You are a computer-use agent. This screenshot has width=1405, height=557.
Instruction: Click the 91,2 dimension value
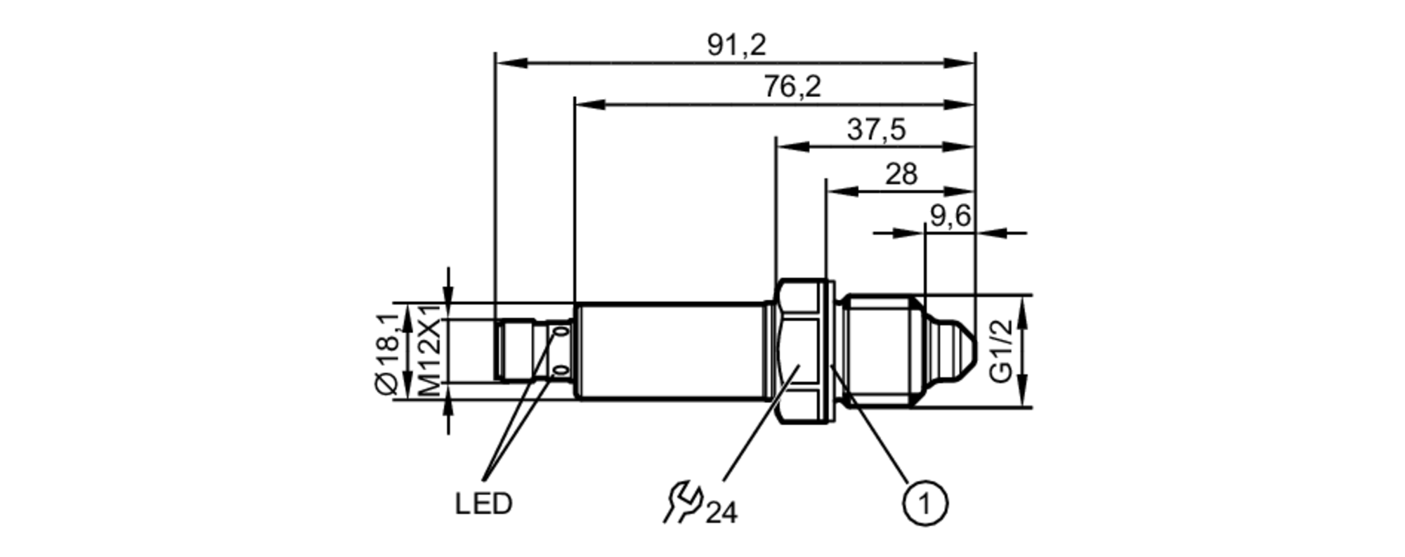tap(736, 46)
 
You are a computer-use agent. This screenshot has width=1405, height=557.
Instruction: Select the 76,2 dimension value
tap(792, 87)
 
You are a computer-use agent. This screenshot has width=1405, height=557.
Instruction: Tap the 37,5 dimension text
tap(876, 130)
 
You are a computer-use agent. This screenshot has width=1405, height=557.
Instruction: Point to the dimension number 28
tap(901, 173)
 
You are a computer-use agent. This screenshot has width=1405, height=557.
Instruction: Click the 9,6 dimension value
tap(950, 216)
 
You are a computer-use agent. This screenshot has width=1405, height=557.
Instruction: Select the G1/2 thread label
tap(1002, 350)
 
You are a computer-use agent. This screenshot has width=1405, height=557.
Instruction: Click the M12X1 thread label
tap(430, 350)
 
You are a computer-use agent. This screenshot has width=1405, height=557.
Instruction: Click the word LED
tap(483, 504)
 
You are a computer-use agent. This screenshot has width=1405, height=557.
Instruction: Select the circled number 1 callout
tap(924, 503)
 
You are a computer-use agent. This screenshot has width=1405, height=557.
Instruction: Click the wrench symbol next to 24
tap(682, 502)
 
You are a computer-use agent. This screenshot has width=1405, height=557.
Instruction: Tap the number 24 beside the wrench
tap(721, 513)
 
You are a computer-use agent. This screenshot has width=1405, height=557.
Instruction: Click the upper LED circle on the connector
tap(561, 331)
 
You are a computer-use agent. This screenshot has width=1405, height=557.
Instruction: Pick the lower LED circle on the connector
tap(561, 370)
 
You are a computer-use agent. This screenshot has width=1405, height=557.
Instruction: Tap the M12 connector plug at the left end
tap(516, 350)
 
